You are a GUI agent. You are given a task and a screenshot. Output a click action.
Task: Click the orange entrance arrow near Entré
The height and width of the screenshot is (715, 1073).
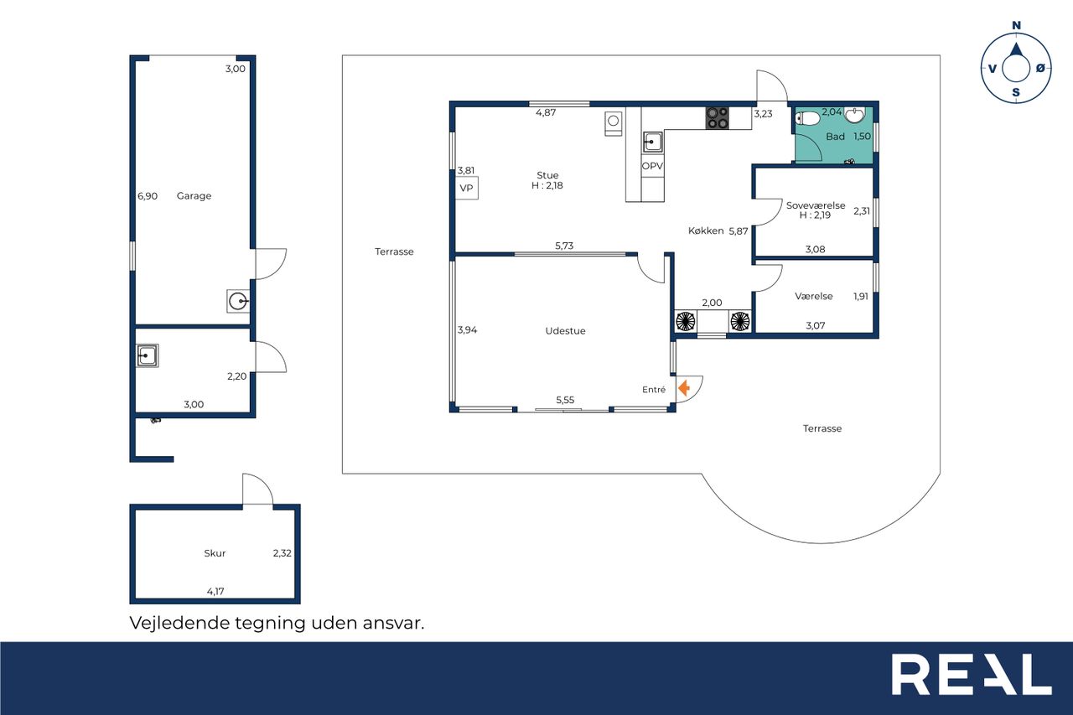click(x=684, y=387)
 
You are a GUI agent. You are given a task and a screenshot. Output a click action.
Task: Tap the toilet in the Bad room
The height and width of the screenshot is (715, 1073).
click(x=807, y=118)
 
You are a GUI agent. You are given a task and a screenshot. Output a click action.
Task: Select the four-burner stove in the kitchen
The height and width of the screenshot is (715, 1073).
click(x=717, y=118)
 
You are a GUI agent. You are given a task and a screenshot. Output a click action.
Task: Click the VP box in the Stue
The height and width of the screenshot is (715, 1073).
click(x=466, y=189)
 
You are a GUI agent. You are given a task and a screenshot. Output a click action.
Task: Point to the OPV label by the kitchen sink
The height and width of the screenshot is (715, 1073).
click(x=652, y=166)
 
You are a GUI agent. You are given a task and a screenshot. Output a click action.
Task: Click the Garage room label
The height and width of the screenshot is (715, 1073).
click(x=194, y=195)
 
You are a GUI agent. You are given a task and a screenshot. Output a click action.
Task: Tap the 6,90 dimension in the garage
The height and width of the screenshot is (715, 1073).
click(x=148, y=196)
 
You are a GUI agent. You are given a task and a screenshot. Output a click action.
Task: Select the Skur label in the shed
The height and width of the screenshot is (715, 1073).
click(x=215, y=553)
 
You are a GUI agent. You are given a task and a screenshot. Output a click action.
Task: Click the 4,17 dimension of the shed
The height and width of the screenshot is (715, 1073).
click(x=215, y=592)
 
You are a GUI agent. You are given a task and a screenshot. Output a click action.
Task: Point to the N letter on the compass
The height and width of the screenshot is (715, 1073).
click(x=1016, y=25)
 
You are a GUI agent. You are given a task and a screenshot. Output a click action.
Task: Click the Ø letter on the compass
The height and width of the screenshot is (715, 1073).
click(x=1040, y=69)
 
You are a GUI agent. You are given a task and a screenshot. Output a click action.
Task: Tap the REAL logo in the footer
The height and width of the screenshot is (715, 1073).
click(x=972, y=674)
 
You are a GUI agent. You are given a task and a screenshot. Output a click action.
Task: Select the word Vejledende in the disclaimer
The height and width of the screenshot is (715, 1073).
click(x=179, y=623)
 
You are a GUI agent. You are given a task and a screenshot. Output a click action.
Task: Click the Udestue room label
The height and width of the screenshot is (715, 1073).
click(x=565, y=331)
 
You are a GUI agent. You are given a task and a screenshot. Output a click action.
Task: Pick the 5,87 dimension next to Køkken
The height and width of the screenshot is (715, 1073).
click(x=739, y=231)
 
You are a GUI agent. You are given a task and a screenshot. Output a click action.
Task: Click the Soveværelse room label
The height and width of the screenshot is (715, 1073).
click(x=816, y=205)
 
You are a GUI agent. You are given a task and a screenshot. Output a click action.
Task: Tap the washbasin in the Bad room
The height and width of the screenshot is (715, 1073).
click(x=854, y=115)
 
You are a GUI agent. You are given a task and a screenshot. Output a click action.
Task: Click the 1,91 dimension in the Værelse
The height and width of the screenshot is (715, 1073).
click(x=861, y=297)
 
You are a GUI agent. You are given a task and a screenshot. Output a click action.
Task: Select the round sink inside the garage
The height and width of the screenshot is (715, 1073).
click(x=238, y=301)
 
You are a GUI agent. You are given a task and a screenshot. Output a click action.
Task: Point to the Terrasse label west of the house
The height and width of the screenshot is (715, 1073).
click(x=394, y=251)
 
